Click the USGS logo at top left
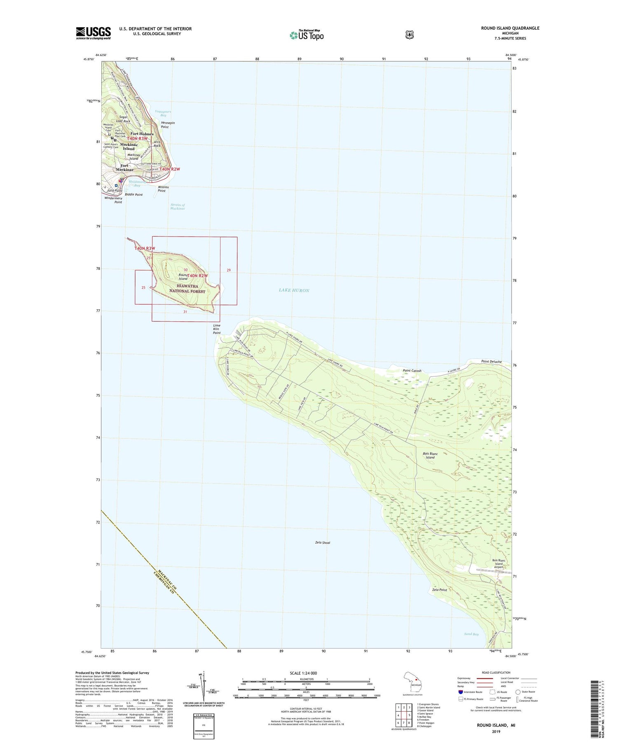[x=93, y=33]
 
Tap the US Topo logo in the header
[x=307, y=35]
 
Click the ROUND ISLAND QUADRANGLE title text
[x=510, y=28]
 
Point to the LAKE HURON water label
[x=294, y=290]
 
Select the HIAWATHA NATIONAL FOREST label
[x=187, y=288]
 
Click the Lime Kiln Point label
[x=217, y=329]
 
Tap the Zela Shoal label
[x=323, y=543]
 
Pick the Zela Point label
[x=440, y=590]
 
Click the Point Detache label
[x=492, y=362]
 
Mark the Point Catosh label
[x=412, y=371]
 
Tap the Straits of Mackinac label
[x=178, y=207]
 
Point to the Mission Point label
[x=163, y=189]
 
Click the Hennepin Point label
[x=168, y=125]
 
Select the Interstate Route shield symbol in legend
[x=461, y=692]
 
